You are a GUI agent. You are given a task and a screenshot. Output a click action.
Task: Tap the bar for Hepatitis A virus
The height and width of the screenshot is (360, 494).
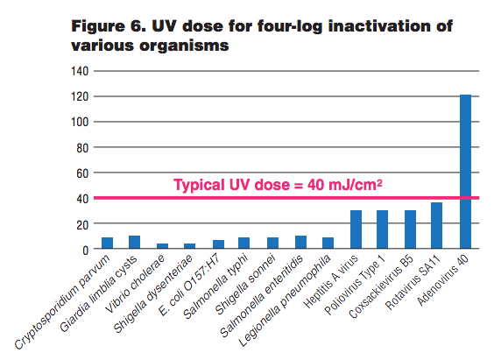pyautogui.click(x=356, y=229)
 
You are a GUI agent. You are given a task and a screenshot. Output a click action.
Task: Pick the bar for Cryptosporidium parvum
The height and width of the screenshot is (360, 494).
pyautogui.click(x=107, y=243)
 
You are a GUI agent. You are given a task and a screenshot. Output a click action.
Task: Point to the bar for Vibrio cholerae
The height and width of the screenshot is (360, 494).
pyautogui.click(x=163, y=246)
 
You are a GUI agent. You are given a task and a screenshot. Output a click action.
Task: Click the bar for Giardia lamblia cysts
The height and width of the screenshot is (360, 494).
pyautogui.click(x=135, y=243)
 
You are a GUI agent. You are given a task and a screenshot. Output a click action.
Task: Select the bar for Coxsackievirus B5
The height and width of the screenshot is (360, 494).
pyautogui.click(x=410, y=229)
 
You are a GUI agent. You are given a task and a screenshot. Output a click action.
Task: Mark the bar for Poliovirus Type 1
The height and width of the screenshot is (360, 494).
pyautogui.click(x=383, y=229)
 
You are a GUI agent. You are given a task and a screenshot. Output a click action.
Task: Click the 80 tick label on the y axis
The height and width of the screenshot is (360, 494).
pyautogui.click(x=80, y=147)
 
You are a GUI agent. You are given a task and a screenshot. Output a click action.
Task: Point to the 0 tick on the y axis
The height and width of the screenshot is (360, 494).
pyautogui.click(x=83, y=250)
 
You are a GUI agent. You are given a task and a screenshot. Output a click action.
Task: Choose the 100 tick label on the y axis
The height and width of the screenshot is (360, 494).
pyautogui.click(x=77, y=122)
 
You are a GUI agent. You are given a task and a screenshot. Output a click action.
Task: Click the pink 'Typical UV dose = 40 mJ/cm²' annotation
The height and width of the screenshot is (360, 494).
pyautogui.click(x=281, y=185)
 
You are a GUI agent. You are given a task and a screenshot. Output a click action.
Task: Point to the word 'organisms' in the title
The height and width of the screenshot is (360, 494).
pyautogui.click(x=179, y=46)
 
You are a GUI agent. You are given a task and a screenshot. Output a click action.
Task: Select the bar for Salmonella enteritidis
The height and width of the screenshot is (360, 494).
pyautogui.click(x=300, y=243)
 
